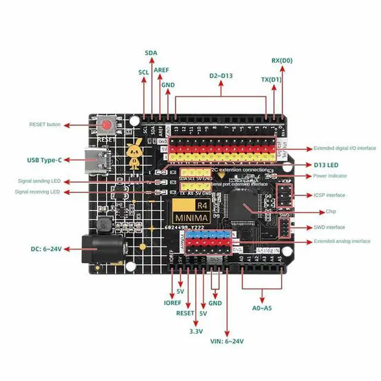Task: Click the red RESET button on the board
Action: (108, 126)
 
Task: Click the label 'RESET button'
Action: (45, 125)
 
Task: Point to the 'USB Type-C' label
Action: (44, 160)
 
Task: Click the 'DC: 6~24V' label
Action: (45, 249)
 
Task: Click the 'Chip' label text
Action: (331, 211)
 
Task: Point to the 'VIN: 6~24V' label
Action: (226, 341)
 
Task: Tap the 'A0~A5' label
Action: (262, 308)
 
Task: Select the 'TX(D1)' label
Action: (272, 79)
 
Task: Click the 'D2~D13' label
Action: (220, 76)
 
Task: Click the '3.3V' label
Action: (196, 330)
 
